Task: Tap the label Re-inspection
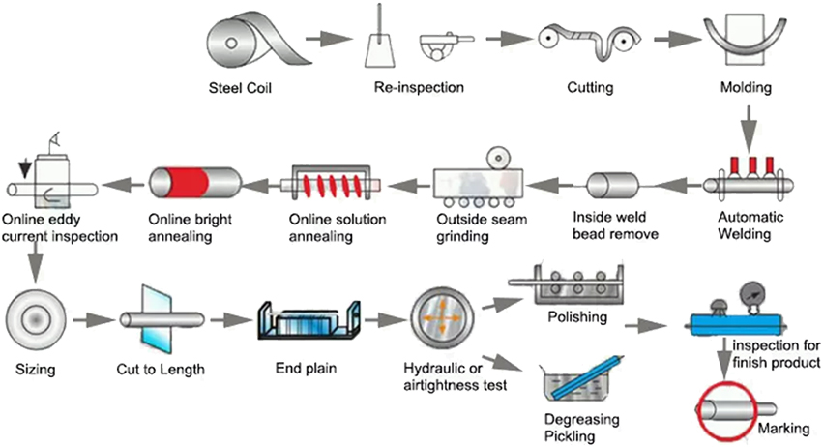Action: point(419,88)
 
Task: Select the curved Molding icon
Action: point(747,40)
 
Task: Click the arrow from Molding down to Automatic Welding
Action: point(747,127)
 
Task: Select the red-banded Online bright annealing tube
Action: point(195,181)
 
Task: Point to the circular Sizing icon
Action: point(36,316)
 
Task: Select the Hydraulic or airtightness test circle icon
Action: point(442,318)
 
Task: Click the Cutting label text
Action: point(590,88)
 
